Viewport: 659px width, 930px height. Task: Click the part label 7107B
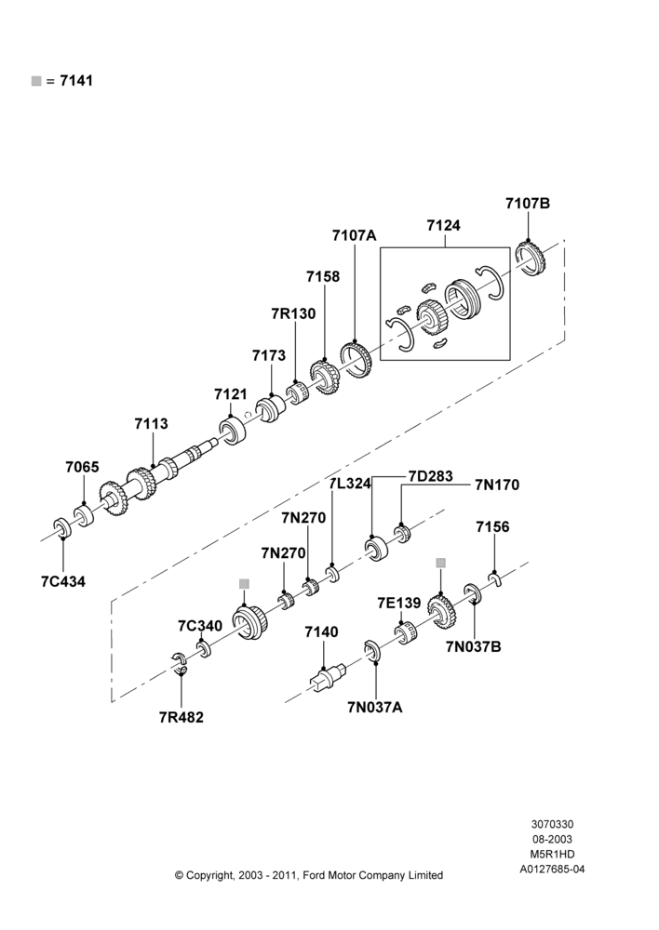click(528, 203)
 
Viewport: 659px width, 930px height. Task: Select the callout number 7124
click(443, 225)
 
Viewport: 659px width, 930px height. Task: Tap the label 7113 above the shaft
click(151, 423)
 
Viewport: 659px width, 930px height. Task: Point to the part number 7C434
click(63, 581)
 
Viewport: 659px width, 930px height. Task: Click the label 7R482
click(182, 717)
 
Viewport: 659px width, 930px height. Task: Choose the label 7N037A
click(374, 707)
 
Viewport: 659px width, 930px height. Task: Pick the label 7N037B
click(473, 646)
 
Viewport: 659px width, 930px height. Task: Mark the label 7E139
click(399, 604)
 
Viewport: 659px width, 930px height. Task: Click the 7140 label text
click(321, 632)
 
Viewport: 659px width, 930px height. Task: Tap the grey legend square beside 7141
click(36, 81)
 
